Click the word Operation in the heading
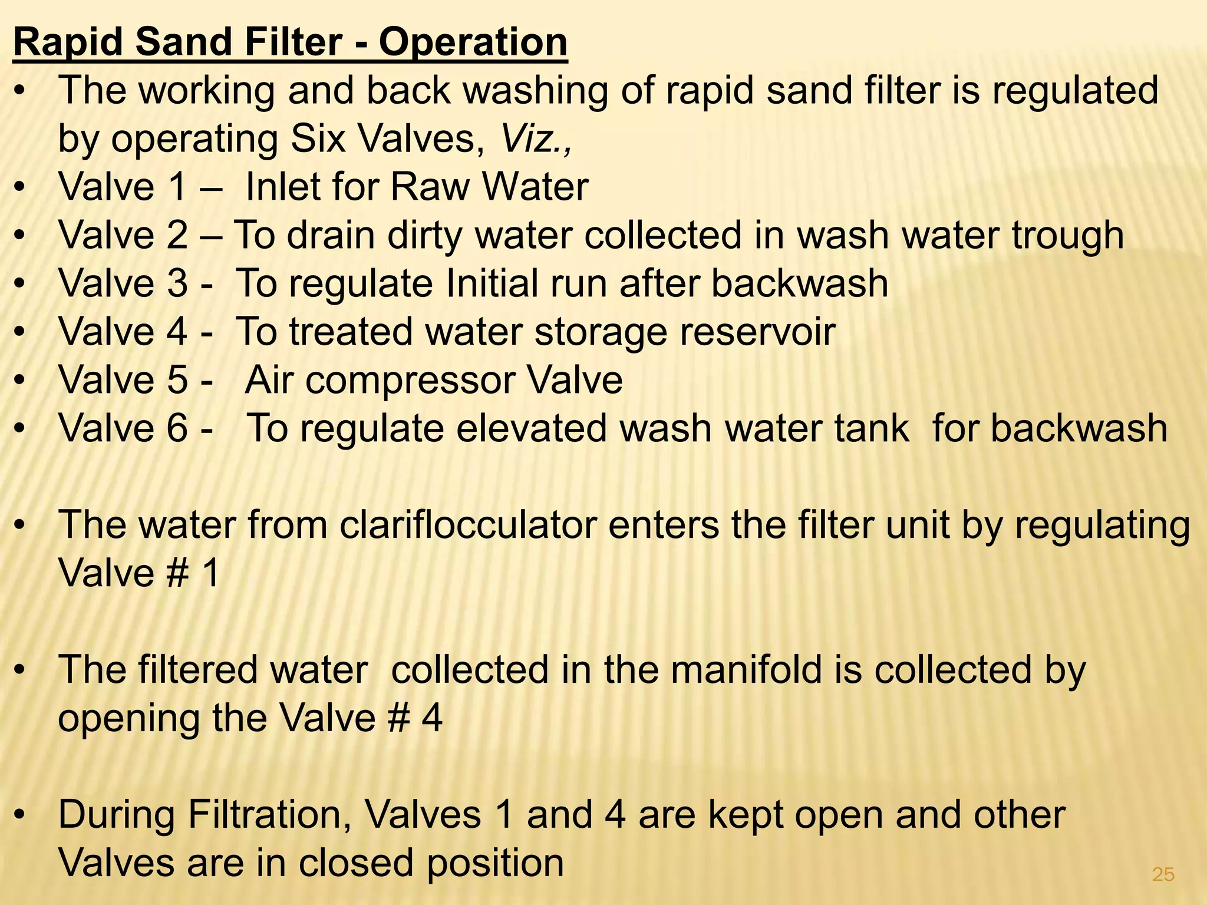coord(473,42)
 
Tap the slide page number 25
coord(1163,874)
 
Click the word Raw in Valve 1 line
coord(430,187)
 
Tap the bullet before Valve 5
coord(21,381)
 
